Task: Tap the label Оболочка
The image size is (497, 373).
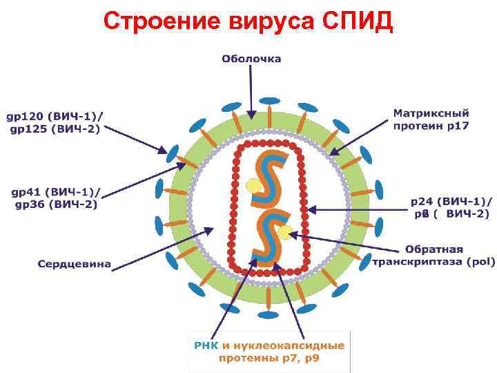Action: click(251, 59)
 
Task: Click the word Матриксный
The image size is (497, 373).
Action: click(431, 113)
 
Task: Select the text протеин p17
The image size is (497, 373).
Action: click(431, 126)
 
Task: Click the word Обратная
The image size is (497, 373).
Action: click(433, 249)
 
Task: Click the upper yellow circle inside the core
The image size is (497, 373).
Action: click(253, 185)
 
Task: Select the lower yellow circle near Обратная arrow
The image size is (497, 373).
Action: click(285, 232)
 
